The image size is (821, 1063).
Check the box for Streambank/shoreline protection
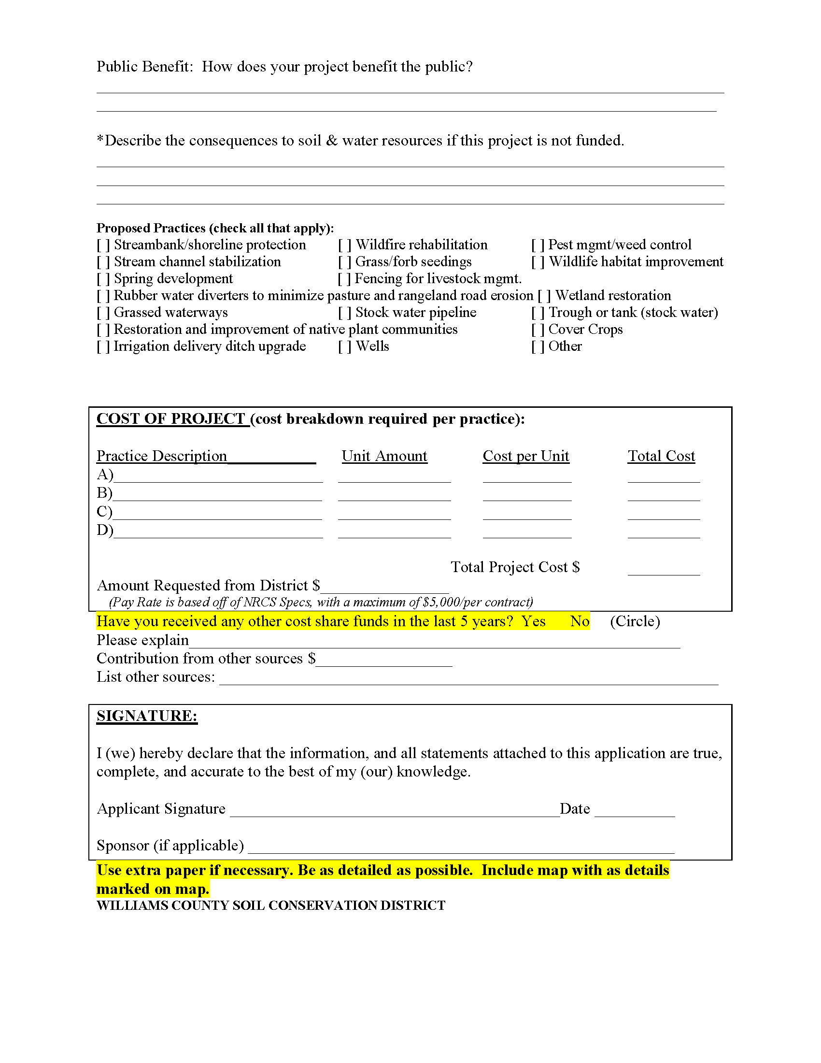click(x=103, y=245)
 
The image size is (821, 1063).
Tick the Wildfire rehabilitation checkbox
click(x=345, y=245)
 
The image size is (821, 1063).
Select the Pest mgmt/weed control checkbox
click(x=538, y=245)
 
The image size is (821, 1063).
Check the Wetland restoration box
click(x=544, y=296)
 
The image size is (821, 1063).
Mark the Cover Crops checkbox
click(x=538, y=330)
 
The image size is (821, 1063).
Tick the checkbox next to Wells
click(x=345, y=346)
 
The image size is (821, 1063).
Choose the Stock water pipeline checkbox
click(x=345, y=313)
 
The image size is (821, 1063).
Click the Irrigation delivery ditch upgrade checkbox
click(x=103, y=346)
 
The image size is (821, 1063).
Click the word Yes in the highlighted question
click(x=534, y=621)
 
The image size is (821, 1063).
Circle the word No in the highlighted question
click(x=580, y=621)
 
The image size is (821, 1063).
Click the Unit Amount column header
click(x=384, y=456)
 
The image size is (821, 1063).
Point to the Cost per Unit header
click(x=526, y=456)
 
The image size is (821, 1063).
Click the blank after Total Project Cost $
click(x=664, y=570)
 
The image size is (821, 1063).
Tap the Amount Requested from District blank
click(x=384, y=588)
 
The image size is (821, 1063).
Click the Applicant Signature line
click(x=395, y=810)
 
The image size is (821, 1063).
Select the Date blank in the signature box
click(x=634, y=810)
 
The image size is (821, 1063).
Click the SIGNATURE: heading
click(x=147, y=716)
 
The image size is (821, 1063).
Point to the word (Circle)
click(x=635, y=621)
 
